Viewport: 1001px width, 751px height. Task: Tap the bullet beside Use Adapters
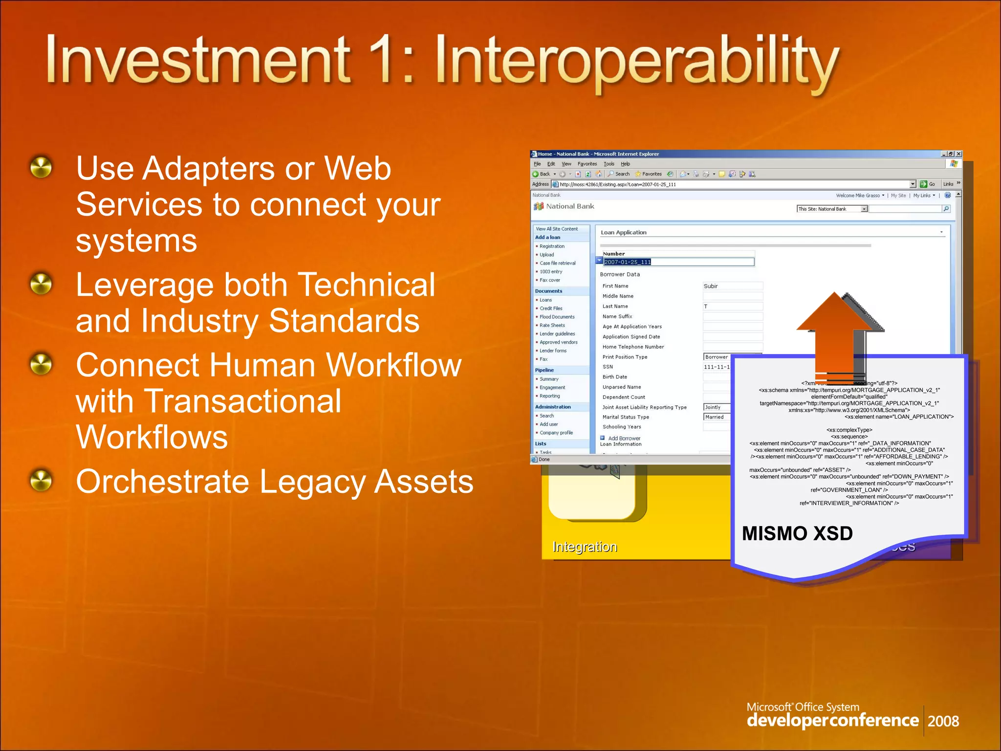(41, 167)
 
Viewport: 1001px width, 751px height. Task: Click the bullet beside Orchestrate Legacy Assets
(41, 480)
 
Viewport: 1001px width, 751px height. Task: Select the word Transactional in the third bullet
(208, 401)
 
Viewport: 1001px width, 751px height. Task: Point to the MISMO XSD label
(797, 533)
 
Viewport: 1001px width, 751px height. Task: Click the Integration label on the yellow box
(585, 547)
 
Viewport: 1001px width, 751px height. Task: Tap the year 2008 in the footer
(943, 721)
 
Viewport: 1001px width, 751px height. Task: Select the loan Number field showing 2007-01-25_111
(678, 262)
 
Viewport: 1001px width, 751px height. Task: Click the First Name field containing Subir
(732, 286)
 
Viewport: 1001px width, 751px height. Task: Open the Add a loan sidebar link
(547, 237)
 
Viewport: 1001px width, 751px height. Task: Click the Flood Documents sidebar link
(557, 317)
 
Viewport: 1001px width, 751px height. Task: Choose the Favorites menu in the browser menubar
(587, 164)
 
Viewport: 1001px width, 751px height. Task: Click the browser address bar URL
(618, 184)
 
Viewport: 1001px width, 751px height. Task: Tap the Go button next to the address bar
(927, 184)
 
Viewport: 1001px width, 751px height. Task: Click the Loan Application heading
(623, 232)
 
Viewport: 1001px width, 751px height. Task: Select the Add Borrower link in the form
(624, 438)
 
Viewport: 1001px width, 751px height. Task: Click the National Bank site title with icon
(565, 206)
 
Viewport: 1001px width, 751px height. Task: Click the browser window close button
(958, 154)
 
